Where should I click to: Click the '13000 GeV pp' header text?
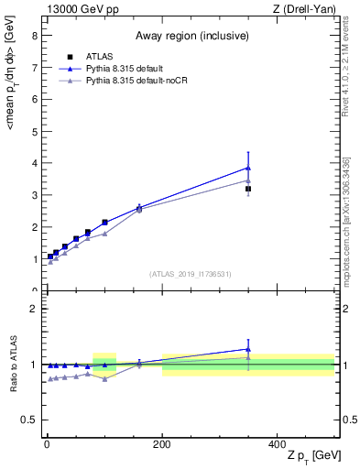coord(81,9)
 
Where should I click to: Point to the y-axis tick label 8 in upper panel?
coord(34,36)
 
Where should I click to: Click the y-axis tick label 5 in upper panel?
coord(34,131)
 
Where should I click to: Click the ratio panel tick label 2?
coord(34,309)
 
